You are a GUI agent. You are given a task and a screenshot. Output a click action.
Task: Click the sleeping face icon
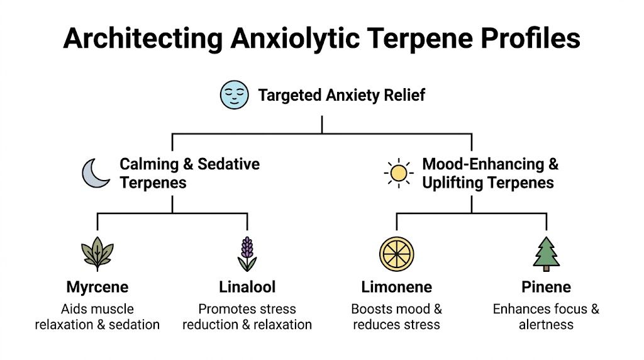coord(234,95)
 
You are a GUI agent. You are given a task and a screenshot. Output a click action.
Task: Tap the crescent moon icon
coord(96,172)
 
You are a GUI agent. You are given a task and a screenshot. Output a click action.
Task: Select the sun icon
coord(399,172)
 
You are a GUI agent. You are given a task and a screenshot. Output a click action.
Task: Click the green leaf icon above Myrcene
coord(97,254)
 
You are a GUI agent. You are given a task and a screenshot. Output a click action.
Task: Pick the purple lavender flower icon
coord(247,254)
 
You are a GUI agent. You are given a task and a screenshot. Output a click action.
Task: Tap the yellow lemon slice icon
coord(396,254)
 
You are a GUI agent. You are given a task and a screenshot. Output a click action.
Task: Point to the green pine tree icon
coord(547,254)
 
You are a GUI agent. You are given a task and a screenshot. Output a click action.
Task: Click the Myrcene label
coord(97,288)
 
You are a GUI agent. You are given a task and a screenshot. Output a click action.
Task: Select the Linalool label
coord(247,288)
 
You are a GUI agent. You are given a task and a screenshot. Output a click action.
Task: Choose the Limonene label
coord(396,288)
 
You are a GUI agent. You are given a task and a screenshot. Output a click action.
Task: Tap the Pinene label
coord(546,288)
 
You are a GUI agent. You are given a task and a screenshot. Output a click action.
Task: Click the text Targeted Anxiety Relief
coord(341,96)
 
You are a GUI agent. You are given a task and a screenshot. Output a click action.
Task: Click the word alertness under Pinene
coord(546,325)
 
